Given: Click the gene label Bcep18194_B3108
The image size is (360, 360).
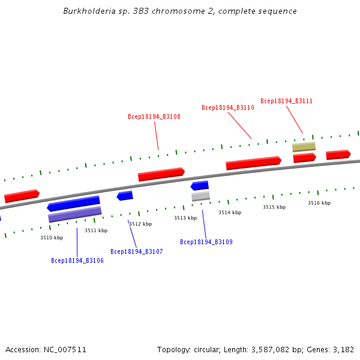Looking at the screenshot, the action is click(x=154, y=116).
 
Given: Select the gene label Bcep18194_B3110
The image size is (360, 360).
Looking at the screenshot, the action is click(x=228, y=108).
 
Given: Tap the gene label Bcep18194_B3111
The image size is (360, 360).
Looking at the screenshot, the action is click(x=286, y=101).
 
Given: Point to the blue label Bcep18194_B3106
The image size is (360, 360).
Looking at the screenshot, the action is click(x=77, y=260).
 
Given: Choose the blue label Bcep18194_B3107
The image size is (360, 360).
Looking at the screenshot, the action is click(x=137, y=251).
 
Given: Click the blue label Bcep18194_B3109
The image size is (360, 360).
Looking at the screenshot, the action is click(x=206, y=242).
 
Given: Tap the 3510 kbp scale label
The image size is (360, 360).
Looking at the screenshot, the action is click(x=52, y=238).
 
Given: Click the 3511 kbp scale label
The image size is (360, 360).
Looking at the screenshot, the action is click(x=96, y=230).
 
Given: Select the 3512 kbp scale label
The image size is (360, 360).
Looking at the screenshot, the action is click(x=140, y=224).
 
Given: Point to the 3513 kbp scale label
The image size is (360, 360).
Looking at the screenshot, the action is click(x=185, y=218).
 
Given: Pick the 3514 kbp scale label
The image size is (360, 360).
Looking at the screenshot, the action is click(x=230, y=212).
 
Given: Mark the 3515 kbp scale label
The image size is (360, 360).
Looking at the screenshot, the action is click(x=274, y=207).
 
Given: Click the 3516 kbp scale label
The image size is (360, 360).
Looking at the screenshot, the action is click(x=319, y=203).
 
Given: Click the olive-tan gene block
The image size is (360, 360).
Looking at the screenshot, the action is click(x=304, y=147).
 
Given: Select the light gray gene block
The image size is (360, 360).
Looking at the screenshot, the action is click(x=200, y=196).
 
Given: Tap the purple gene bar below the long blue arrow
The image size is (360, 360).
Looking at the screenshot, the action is click(x=75, y=215).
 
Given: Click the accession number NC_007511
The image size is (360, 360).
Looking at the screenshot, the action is click(x=65, y=349).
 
